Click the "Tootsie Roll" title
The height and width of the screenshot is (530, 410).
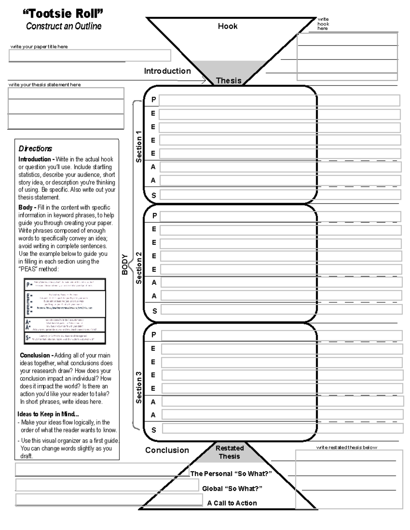[63, 14]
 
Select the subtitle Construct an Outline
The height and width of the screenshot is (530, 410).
[64, 26]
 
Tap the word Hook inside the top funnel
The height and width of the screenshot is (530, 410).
[228, 26]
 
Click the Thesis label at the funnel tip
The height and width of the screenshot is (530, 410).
[229, 81]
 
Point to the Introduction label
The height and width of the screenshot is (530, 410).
[167, 71]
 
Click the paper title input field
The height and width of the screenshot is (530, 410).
[90, 55]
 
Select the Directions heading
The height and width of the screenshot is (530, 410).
[35, 148]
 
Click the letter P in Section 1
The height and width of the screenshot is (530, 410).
[154, 100]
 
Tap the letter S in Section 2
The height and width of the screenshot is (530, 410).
[154, 311]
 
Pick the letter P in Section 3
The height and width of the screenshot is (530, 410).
[154, 335]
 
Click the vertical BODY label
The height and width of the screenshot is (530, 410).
[125, 264]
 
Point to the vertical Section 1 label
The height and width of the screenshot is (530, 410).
[139, 146]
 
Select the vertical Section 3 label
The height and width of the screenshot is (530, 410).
[139, 388]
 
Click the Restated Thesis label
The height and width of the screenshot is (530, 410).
[229, 452]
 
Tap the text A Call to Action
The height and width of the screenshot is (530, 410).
[232, 503]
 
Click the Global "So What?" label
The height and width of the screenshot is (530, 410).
[232, 489]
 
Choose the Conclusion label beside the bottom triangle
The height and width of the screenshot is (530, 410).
[167, 450]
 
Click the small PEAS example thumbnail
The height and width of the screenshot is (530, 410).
[65, 311]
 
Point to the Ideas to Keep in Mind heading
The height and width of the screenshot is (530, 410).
[48, 414]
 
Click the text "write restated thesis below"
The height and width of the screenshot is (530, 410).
[346, 447]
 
